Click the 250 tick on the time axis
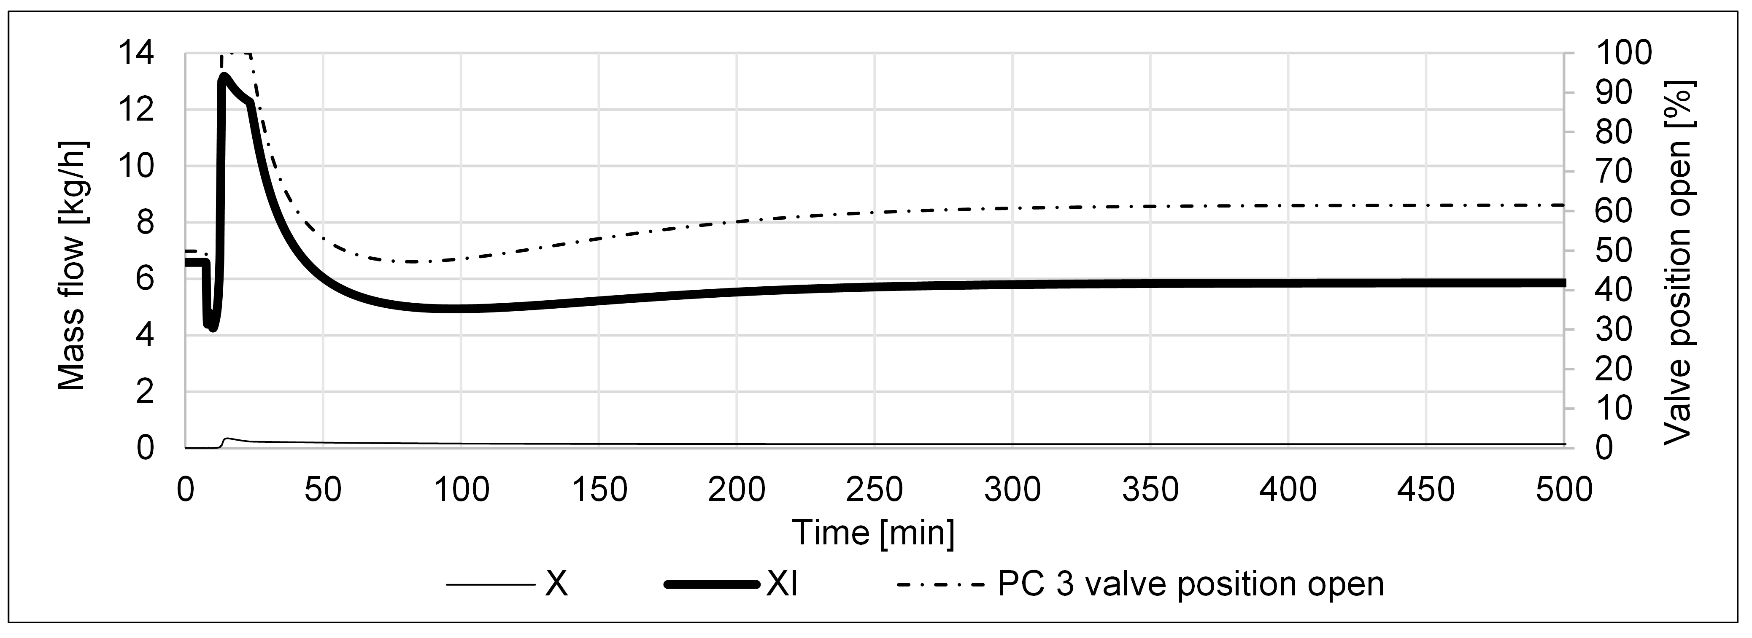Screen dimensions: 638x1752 pyautogui.click(x=874, y=490)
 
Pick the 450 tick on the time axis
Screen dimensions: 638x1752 pyautogui.click(x=1425, y=490)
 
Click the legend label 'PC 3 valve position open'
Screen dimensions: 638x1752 pyautogui.click(x=1190, y=584)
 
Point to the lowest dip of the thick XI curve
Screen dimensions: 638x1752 pyautogui.click(x=213, y=328)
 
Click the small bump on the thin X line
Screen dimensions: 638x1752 pyautogui.click(x=227, y=439)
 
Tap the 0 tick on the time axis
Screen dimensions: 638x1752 pyautogui.click(x=185, y=490)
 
